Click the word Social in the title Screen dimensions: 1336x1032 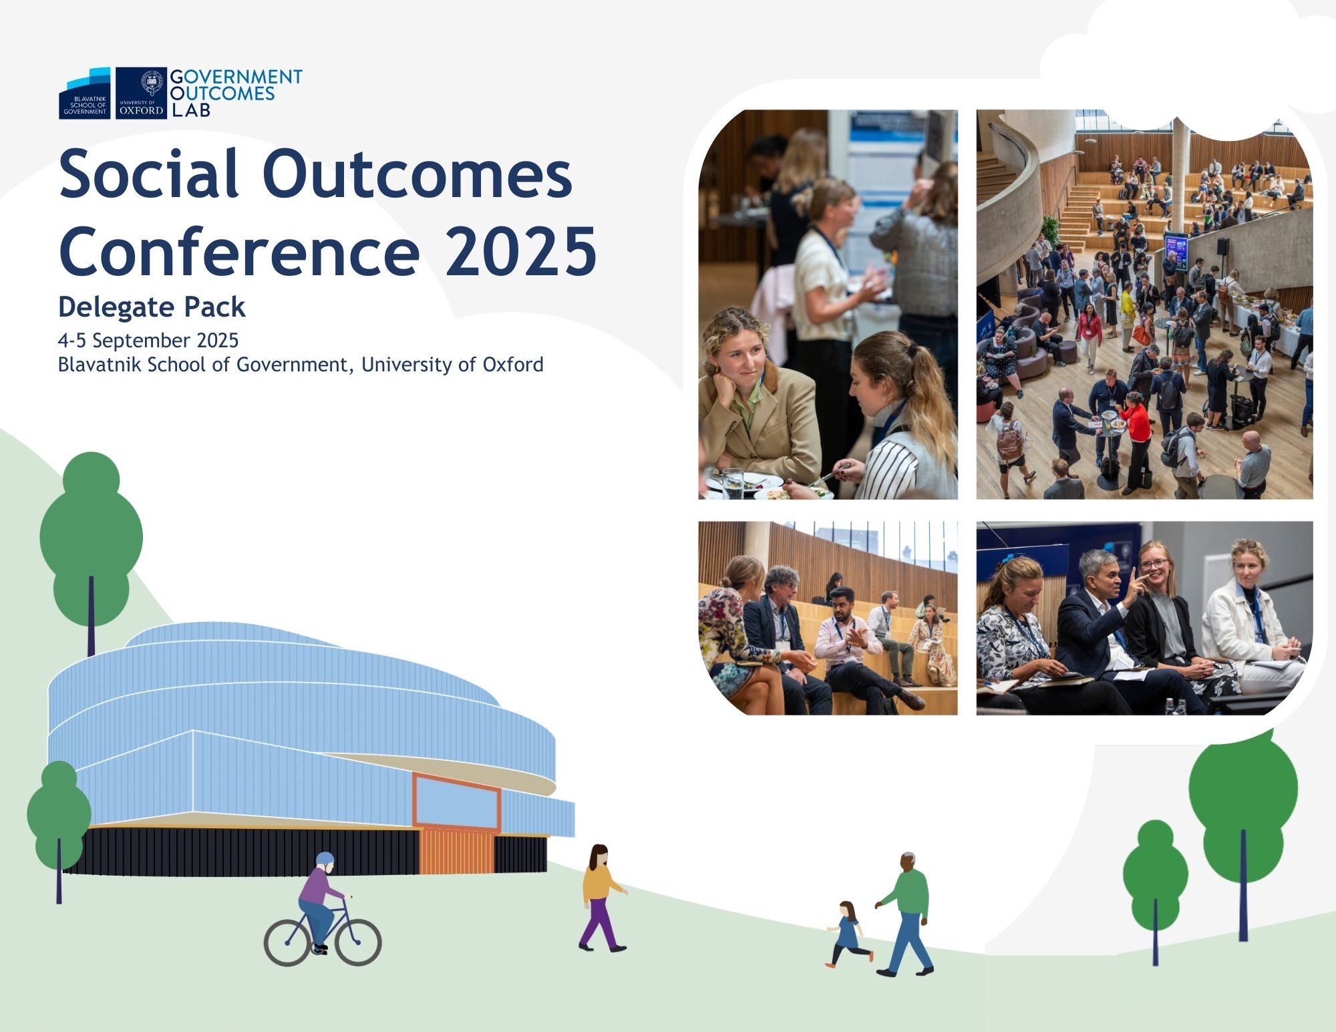tap(149, 174)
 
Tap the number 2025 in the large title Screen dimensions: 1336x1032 tap(521, 251)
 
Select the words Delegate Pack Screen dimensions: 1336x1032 tap(152, 307)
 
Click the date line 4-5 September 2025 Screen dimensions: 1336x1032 tap(148, 341)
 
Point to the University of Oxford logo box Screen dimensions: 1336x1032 tap(141, 93)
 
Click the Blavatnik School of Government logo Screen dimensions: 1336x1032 tap(85, 93)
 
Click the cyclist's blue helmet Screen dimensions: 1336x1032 tap(325, 858)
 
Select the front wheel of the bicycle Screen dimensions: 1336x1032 tap(358, 942)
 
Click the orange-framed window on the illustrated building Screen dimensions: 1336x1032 tap(457, 801)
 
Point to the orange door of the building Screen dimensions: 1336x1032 tap(457, 852)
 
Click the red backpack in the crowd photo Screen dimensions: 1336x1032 tap(1009, 441)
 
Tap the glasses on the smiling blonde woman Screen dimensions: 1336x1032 tap(1154, 565)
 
